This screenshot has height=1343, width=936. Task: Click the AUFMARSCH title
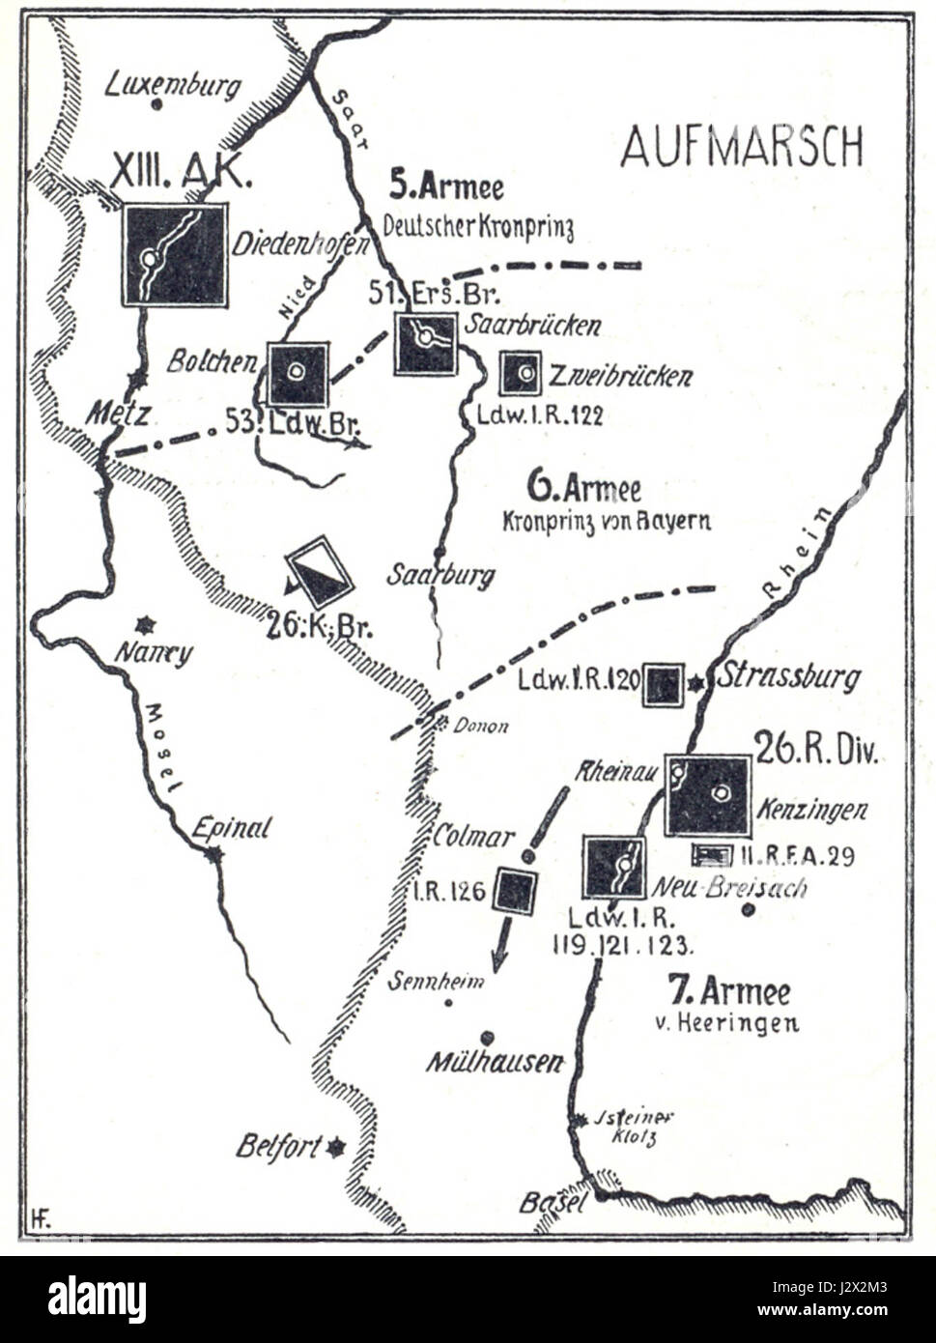[741, 146]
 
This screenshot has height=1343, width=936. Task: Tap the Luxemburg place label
[173, 86]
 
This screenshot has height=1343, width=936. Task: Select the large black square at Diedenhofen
[175, 255]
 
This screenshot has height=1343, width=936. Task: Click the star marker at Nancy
[146, 624]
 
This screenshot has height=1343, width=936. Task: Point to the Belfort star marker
[336, 1147]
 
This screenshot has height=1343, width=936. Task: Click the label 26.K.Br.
[320, 626]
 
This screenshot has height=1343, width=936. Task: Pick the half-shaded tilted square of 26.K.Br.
[320, 572]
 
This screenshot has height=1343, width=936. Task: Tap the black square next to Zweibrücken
[521, 373]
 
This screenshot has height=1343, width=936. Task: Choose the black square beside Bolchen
[298, 373]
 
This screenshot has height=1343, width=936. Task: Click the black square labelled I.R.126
[516, 891]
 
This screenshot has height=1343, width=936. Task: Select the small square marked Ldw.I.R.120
[664, 684]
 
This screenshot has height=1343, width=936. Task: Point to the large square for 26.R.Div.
[707, 795]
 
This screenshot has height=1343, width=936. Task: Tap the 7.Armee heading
[729, 991]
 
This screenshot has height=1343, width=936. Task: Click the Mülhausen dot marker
[488, 1037]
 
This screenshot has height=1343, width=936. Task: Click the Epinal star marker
[214, 854]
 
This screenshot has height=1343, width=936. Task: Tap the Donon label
[482, 727]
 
